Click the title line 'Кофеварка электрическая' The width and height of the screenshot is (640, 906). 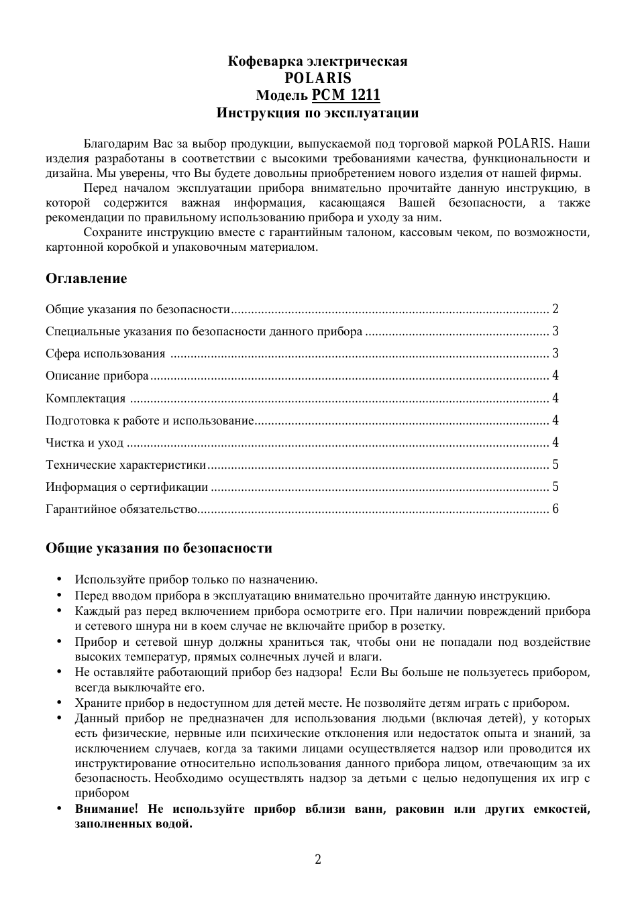tap(317, 61)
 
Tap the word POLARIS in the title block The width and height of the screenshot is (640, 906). tap(317, 78)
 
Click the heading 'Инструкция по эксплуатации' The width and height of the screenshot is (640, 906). tap(317, 113)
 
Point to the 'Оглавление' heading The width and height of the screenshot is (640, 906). tap(86, 278)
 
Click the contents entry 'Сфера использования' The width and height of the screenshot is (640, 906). tap(105, 353)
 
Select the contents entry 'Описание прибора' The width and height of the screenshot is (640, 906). tap(97, 376)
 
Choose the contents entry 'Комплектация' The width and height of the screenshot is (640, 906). tap(86, 398)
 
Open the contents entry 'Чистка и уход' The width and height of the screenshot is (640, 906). tap(85, 443)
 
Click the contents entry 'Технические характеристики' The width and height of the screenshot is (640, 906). tap(125, 465)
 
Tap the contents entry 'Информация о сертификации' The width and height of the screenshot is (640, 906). tap(127, 487)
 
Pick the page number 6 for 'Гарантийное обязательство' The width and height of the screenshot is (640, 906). tap(555, 509)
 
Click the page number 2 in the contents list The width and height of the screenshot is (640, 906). tap(555, 309)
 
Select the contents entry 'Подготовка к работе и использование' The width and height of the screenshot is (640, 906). tap(150, 420)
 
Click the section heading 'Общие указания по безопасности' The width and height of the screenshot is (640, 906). tap(159, 548)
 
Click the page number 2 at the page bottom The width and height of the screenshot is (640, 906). tap(318, 859)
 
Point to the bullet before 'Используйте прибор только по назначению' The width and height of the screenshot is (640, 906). tap(59, 579)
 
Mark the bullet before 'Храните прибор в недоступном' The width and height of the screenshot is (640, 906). tap(59, 703)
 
